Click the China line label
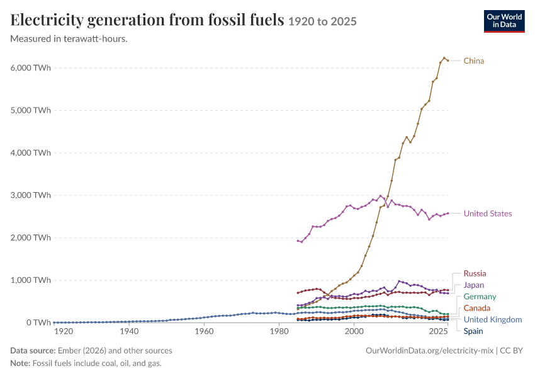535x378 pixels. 473,60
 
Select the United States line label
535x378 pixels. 488,214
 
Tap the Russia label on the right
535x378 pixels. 475,273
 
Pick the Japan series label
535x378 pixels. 473,285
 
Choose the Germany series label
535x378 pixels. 480,297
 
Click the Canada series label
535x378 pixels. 476,308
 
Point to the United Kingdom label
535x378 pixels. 493,319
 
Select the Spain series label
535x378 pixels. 473,331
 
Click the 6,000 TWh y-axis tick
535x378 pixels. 31,68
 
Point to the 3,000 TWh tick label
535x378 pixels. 31,195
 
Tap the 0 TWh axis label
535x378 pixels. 38,323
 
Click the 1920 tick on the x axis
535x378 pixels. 64,331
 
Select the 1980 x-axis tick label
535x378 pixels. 279,331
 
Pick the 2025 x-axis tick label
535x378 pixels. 439,331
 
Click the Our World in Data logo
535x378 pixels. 504,21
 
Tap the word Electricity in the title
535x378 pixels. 47,20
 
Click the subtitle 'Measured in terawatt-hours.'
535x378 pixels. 69,39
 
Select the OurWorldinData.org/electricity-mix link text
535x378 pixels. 429,351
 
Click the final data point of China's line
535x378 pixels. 448,60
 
